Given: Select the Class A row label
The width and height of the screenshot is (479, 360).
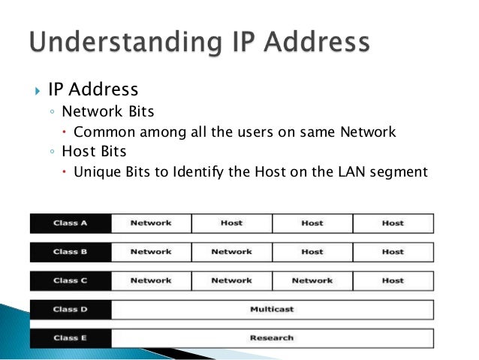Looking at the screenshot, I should (71, 223).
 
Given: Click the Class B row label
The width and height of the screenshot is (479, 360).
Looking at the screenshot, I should (71, 252).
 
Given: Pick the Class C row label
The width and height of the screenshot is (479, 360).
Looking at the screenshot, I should (71, 280).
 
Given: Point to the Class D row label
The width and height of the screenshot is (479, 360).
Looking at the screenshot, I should (71, 309).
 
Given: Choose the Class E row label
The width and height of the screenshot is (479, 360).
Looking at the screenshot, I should (71, 337).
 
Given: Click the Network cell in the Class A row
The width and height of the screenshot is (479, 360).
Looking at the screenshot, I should (151, 223).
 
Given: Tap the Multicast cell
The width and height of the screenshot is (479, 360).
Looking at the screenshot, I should (272, 309).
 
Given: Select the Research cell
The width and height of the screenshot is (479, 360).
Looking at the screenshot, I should (272, 337).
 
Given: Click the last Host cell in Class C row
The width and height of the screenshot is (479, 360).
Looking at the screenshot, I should (393, 280).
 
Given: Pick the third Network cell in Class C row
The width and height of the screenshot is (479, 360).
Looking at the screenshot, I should (312, 280).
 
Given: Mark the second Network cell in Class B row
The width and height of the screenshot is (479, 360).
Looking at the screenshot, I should (231, 252).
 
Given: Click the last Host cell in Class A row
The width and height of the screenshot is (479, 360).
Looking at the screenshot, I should (393, 223).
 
